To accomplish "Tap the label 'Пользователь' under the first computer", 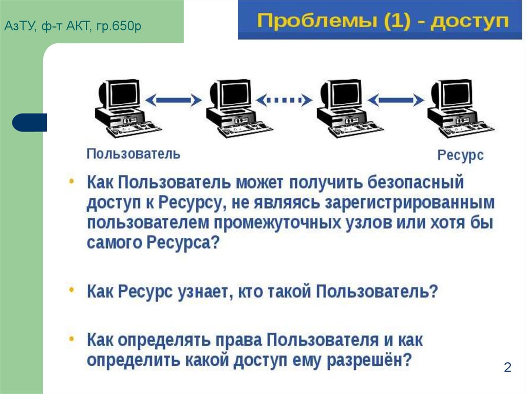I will [x=133, y=154].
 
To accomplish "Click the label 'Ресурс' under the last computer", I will [x=460, y=155].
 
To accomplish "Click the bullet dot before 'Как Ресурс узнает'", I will [x=72, y=290].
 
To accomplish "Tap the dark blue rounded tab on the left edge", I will [x=29, y=123].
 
